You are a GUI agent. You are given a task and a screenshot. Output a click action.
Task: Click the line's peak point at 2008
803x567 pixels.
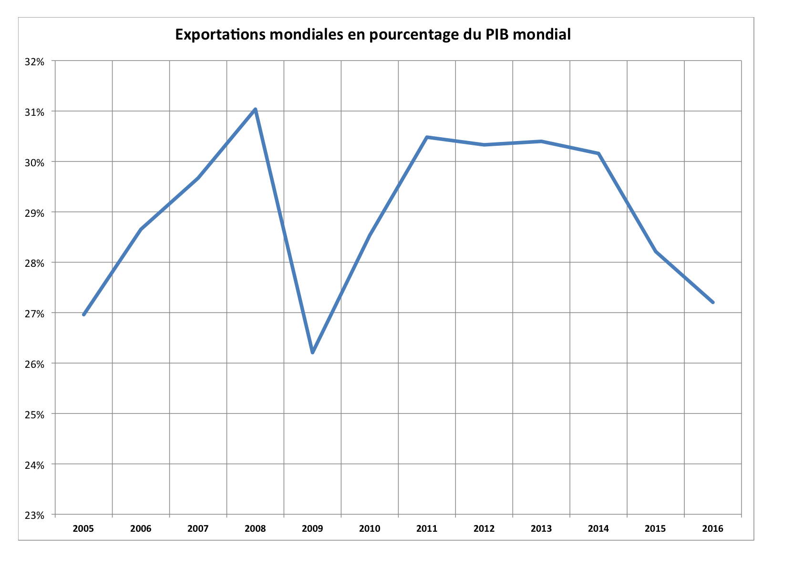[x=256, y=110]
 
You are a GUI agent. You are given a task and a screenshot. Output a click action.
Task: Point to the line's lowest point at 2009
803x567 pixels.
[x=312, y=353]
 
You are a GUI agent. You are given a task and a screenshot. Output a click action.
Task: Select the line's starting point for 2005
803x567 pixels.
[x=84, y=314]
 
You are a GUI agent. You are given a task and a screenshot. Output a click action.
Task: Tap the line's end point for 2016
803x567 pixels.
[x=713, y=302]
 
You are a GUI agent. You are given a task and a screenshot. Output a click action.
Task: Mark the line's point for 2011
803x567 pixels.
[x=427, y=137]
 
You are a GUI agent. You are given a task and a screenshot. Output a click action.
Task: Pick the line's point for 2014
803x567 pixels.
[x=598, y=153]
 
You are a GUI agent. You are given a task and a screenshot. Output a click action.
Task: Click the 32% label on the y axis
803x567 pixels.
[x=35, y=62]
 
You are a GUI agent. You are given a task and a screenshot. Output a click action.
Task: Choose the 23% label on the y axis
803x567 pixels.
[x=35, y=515]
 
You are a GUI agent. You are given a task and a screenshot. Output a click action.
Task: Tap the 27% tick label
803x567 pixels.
[x=35, y=314]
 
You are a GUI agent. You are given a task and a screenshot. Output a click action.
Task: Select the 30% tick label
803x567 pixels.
[x=35, y=162]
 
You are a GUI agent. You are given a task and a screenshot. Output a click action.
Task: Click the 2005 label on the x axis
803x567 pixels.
[x=83, y=528]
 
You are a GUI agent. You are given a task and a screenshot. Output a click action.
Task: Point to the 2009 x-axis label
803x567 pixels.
[x=312, y=528]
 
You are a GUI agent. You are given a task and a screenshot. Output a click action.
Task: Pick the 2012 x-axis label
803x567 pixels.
[x=484, y=528]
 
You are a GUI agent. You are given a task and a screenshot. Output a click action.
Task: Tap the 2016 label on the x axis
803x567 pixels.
[x=713, y=528]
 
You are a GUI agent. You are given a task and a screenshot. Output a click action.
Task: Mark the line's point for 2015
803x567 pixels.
[x=656, y=251]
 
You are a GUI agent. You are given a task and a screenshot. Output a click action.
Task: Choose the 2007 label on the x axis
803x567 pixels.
[x=198, y=528]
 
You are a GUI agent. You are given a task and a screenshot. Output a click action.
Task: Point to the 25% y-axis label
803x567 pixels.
[x=35, y=415]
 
